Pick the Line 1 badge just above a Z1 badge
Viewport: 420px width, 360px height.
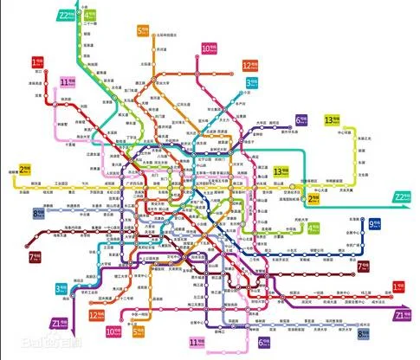398,287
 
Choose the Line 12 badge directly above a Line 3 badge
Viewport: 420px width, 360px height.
249,65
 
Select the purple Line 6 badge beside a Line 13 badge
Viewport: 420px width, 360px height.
301,119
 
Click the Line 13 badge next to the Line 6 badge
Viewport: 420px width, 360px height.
330,119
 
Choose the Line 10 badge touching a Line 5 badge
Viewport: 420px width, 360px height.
113,331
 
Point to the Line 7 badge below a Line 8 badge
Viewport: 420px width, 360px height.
36,257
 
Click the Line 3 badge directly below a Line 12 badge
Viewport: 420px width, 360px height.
250,83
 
